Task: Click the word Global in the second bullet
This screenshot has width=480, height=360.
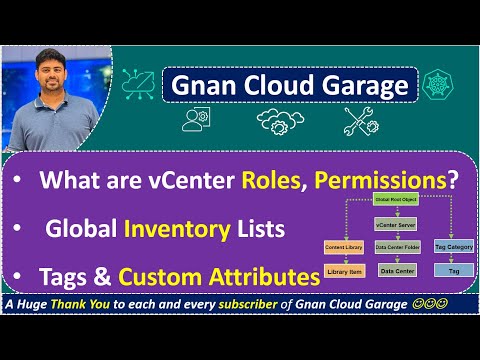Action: pos(80,229)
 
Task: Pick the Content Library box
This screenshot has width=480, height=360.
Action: pos(344,246)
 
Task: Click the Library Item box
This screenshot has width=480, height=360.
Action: pos(344,271)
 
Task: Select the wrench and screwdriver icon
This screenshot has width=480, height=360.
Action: pos(357,121)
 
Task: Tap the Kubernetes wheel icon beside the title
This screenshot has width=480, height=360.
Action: pos(442,84)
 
